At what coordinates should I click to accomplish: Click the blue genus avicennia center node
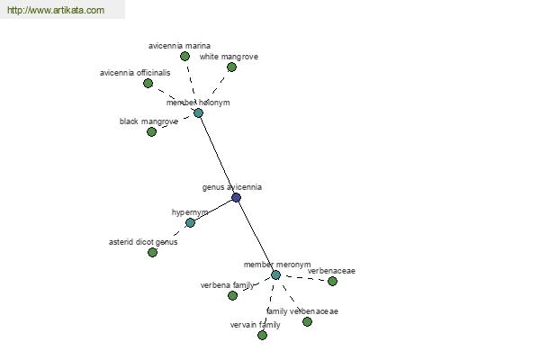[x=236, y=197]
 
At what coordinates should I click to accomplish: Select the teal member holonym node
[x=198, y=112]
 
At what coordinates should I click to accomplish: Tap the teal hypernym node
[x=191, y=223]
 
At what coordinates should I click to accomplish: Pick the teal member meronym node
[x=275, y=274]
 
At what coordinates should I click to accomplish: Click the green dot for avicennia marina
[x=184, y=56]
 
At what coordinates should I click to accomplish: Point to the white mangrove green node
[x=232, y=67]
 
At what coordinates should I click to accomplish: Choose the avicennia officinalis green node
[x=148, y=83]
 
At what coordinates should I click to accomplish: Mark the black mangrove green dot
[x=151, y=131]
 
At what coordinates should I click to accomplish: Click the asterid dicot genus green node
[x=153, y=253]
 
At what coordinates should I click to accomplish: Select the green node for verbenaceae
[x=332, y=281]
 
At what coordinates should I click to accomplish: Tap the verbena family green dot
[x=233, y=295]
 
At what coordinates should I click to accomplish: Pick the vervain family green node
[x=263, y=335]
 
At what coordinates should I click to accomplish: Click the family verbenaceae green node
[x=308, y=322]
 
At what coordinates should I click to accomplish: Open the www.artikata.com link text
[x=56, y=10]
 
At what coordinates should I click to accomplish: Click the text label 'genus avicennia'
[x=232, y=187]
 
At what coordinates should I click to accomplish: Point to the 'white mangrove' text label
[x=229, y=57]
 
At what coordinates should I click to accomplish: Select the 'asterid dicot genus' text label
[x=143, y=242]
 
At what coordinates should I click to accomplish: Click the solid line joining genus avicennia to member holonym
[x=217, y=155]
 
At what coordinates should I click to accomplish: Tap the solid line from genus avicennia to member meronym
[x=256, y=237]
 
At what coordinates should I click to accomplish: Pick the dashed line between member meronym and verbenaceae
[x=304, y=278]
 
